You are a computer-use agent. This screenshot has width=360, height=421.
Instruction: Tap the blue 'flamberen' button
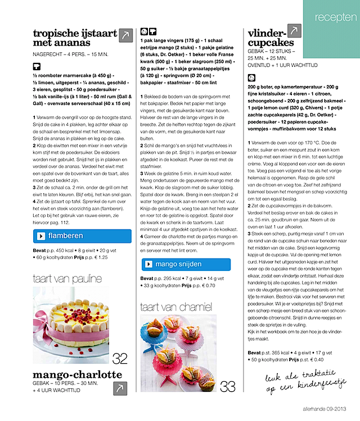(82, 236)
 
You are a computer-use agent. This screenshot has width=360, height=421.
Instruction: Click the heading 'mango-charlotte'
(78, 374)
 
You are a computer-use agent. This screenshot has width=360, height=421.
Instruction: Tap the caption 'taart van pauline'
(67, 279)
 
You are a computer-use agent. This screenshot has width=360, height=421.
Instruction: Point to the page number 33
(228, 387)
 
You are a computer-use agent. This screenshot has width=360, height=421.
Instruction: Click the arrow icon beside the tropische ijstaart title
(125, 35)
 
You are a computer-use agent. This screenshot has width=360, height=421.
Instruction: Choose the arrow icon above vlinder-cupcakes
(295, 31)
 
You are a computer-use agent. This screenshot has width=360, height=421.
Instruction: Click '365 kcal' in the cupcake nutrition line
(278, 352)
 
